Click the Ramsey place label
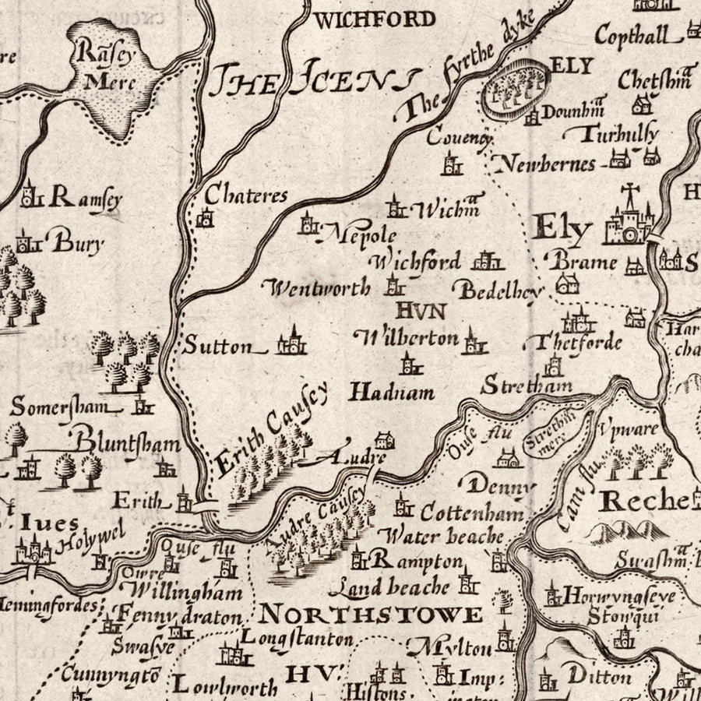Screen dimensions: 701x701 click(85, 199)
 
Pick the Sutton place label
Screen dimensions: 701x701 click(218, 346)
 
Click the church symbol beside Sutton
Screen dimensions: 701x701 click(291, 342)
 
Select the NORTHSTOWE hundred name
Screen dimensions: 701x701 click(371, 615)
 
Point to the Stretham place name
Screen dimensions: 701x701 click(527, 385)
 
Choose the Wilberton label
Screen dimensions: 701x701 click(406, 338)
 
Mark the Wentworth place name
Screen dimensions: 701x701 click(319, 289)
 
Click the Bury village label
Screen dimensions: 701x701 click(77, 243)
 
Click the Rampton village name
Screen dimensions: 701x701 click(417, 560)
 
